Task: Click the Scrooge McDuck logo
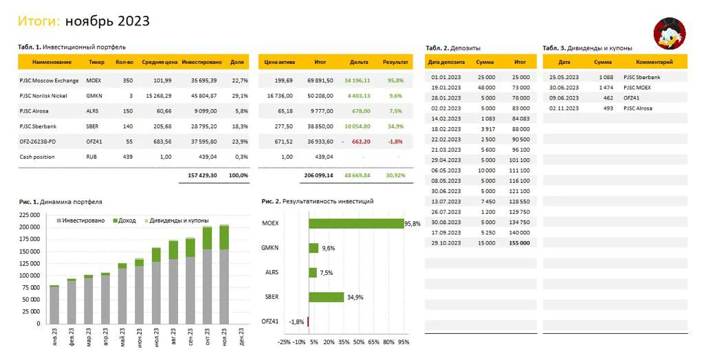coord(669,33)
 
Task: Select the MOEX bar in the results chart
coord(357,223)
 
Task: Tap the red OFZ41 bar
coord(308,322)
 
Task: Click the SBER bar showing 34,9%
coord(327,297)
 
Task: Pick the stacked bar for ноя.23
coord(224,274)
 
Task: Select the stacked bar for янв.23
coord(54,304)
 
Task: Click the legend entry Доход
coord(124,221)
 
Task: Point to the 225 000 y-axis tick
coord(30,215)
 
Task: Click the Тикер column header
coord(96,62)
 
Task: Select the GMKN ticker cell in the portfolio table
coord(94,96)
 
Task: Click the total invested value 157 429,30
coord(202,175)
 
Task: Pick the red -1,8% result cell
coord(395,142)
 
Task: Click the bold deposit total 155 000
coord(520,243)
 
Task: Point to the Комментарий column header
coord(654,62)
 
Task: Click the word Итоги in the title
coord(39,21)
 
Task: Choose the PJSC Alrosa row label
coord(34,111)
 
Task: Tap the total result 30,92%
coord(395,175)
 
